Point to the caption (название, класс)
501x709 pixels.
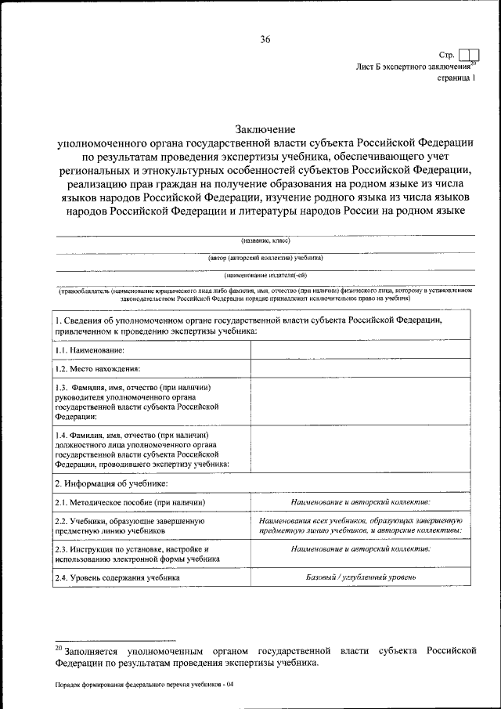265,241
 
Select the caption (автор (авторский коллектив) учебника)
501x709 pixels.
265,258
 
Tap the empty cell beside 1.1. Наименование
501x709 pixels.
362,349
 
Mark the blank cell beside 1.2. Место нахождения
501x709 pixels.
362,367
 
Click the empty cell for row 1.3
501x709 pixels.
362,402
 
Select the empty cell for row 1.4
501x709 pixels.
362,449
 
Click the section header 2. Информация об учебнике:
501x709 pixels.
111,483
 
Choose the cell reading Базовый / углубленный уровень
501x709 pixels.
360,577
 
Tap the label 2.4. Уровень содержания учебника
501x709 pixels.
117,577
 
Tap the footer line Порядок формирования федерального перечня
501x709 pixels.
144,685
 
